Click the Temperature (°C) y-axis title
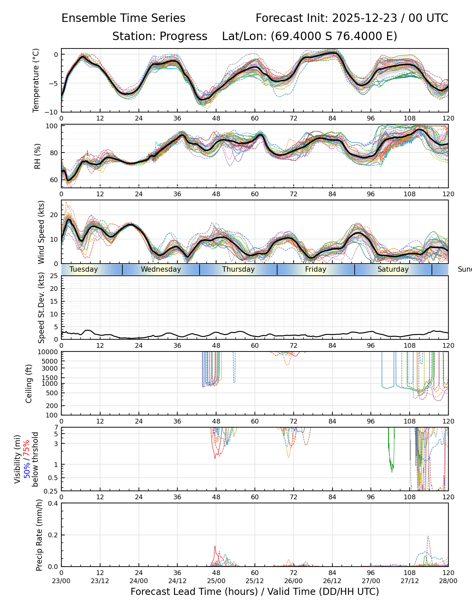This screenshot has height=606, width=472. (36, 80)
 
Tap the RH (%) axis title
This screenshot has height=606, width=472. (37, 156)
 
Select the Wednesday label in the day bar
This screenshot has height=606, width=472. (161, 269)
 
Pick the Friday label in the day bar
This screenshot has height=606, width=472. (316, 269)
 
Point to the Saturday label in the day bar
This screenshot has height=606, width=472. (393, 269)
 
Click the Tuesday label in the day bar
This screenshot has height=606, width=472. (84, 269)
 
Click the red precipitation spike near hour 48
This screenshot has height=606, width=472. (215, 547)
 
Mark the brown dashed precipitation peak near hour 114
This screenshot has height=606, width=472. (428, 537)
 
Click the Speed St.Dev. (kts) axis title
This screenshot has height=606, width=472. (41, 307)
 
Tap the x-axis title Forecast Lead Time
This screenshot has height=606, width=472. (255, 592)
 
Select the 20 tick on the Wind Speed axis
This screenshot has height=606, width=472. (54, 215)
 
